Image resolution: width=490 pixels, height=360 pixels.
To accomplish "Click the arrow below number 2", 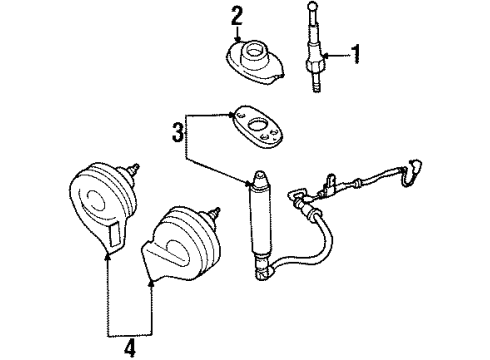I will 237,35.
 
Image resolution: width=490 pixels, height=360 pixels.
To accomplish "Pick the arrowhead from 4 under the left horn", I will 105,256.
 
